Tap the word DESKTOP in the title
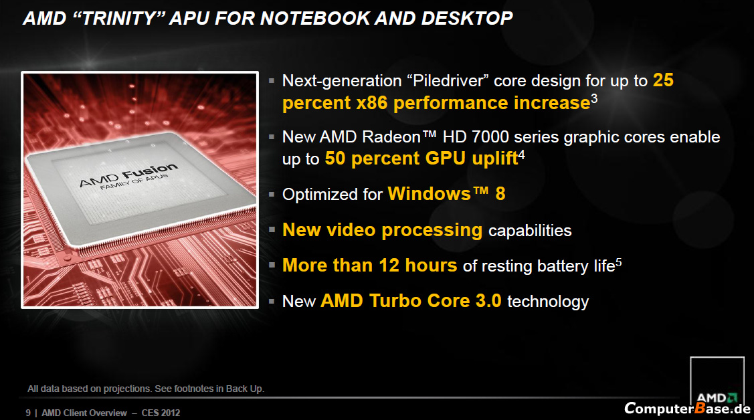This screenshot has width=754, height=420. click(467, 18)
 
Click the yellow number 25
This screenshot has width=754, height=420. click(663, 80)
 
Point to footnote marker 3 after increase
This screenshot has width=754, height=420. click(594, 98)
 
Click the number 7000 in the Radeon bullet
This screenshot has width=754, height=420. click(490, 137)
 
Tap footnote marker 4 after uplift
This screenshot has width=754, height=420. click(522, 154)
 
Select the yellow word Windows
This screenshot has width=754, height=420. click(430, 194)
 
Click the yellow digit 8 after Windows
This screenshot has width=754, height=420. click(500, 194)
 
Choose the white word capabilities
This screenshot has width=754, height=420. click(530, 231)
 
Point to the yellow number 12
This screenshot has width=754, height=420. click(389, 266)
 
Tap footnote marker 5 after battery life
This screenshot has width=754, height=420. click(619, 262)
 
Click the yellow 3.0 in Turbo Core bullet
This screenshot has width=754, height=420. click(488, 301)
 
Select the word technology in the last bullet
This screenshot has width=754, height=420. click(548, 302)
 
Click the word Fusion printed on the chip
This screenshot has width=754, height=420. click(150, 172)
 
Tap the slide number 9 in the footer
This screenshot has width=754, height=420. click(28, 413)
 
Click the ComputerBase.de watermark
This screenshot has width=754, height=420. click(687, 409)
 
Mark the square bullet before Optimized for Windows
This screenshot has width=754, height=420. click(272, 195)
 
